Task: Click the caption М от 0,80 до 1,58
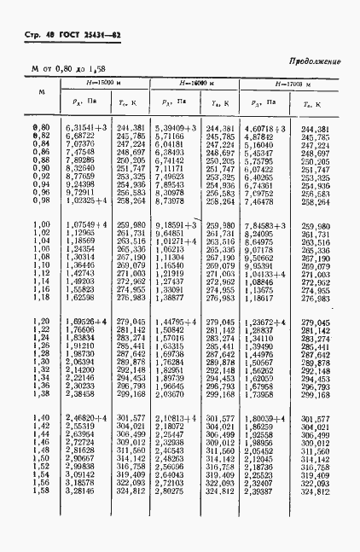coord(69,68)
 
